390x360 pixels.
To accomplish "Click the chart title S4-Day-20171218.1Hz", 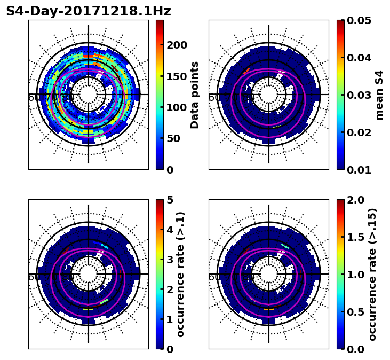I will pos(89,11).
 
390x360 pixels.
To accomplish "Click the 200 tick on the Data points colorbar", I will pos(177,45).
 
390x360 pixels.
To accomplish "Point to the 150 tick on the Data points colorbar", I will pos(177,76).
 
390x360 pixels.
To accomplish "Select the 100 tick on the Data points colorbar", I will pos(177,107).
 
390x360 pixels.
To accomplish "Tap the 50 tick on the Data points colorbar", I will pos(173,139).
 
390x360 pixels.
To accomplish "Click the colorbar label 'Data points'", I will pos(195,95).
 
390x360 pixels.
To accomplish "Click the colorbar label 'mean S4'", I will pos(379,95).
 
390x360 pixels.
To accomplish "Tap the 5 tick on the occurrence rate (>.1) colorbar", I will pos(170,200).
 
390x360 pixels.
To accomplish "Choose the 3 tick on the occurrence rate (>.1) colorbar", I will pos(170,260).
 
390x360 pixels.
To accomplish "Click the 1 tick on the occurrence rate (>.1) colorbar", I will pos(170,319).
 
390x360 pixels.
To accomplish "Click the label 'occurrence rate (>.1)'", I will pos(180,275).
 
